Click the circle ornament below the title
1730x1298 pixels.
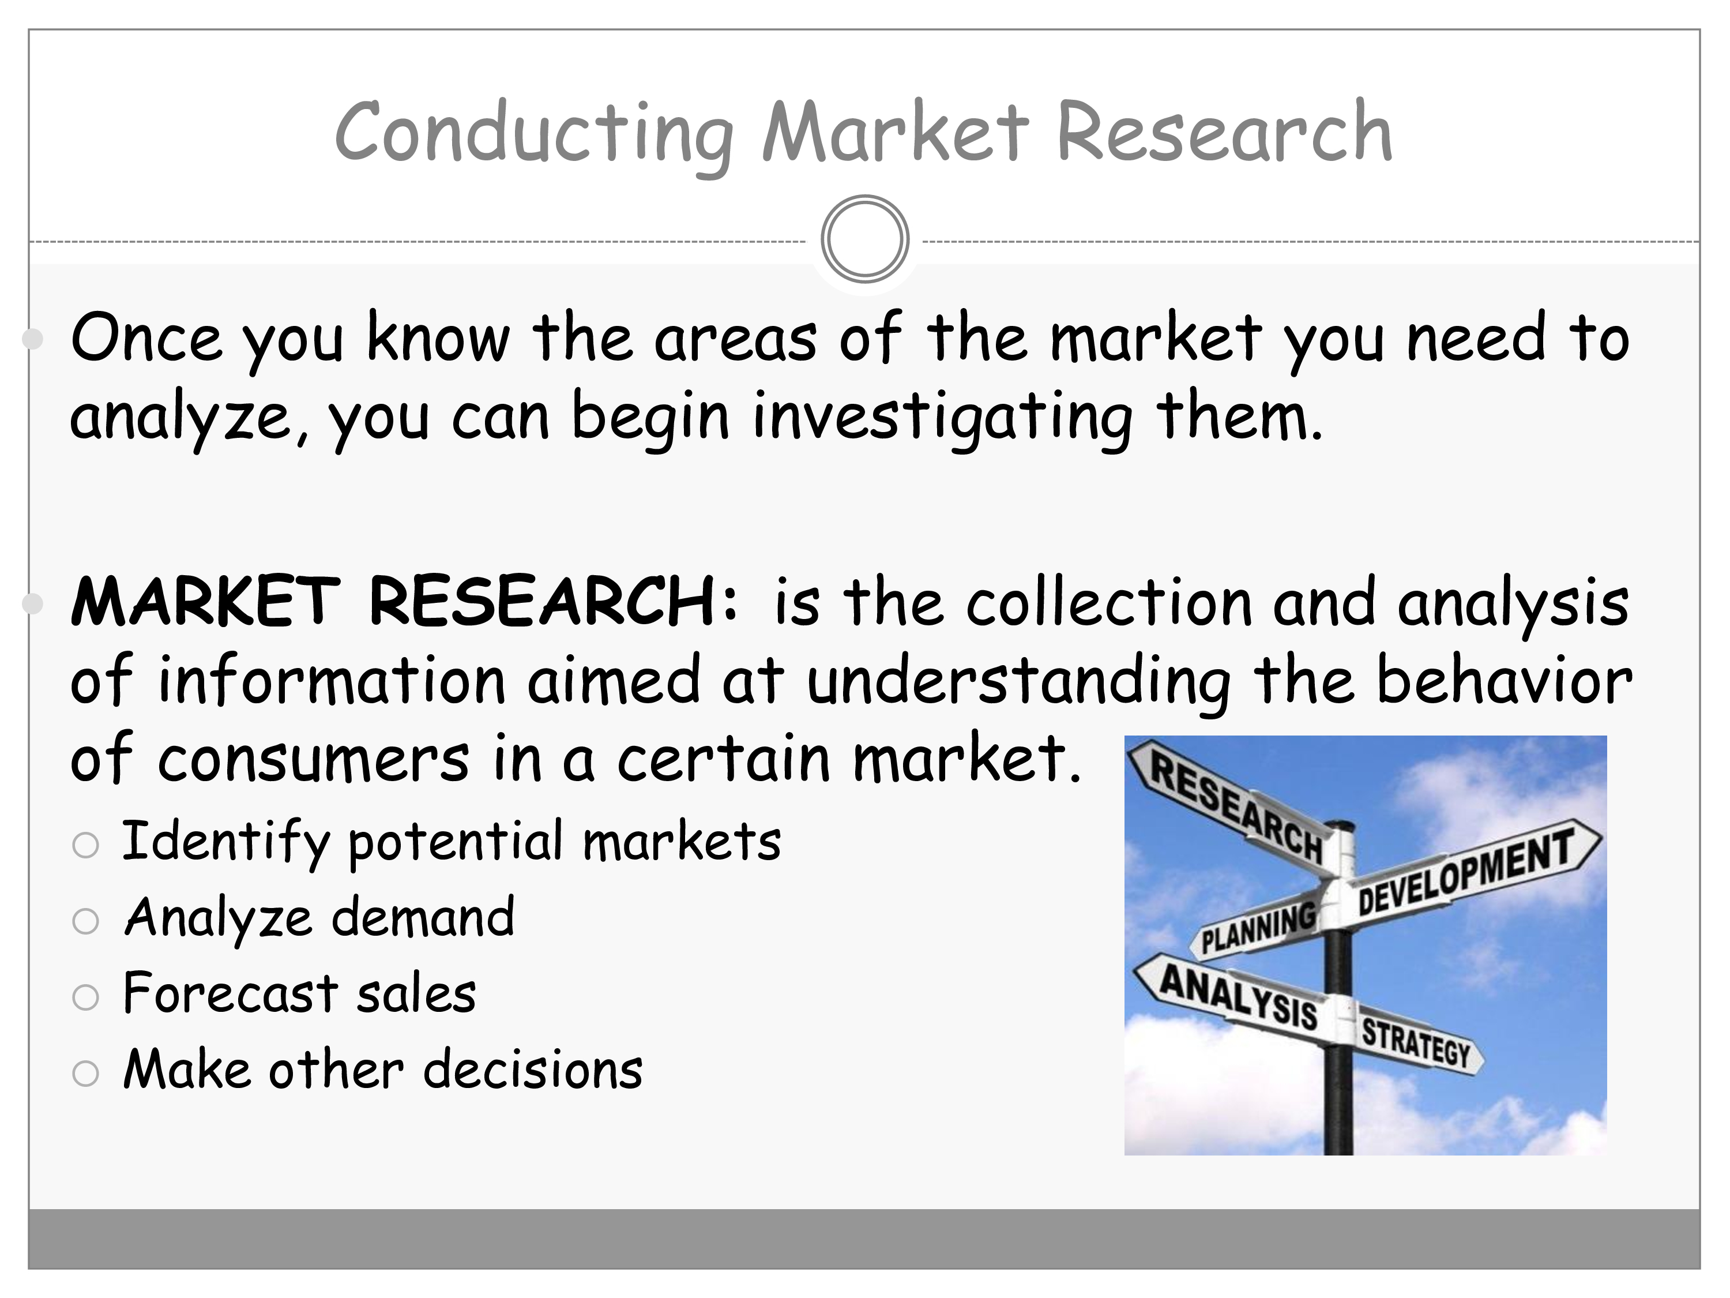pos(865,239)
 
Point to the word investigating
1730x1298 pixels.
pos(942,419)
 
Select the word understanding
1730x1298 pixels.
pos(1019,681)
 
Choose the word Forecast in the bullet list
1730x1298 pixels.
pos(230,993)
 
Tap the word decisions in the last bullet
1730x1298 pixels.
pos(533,1069)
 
